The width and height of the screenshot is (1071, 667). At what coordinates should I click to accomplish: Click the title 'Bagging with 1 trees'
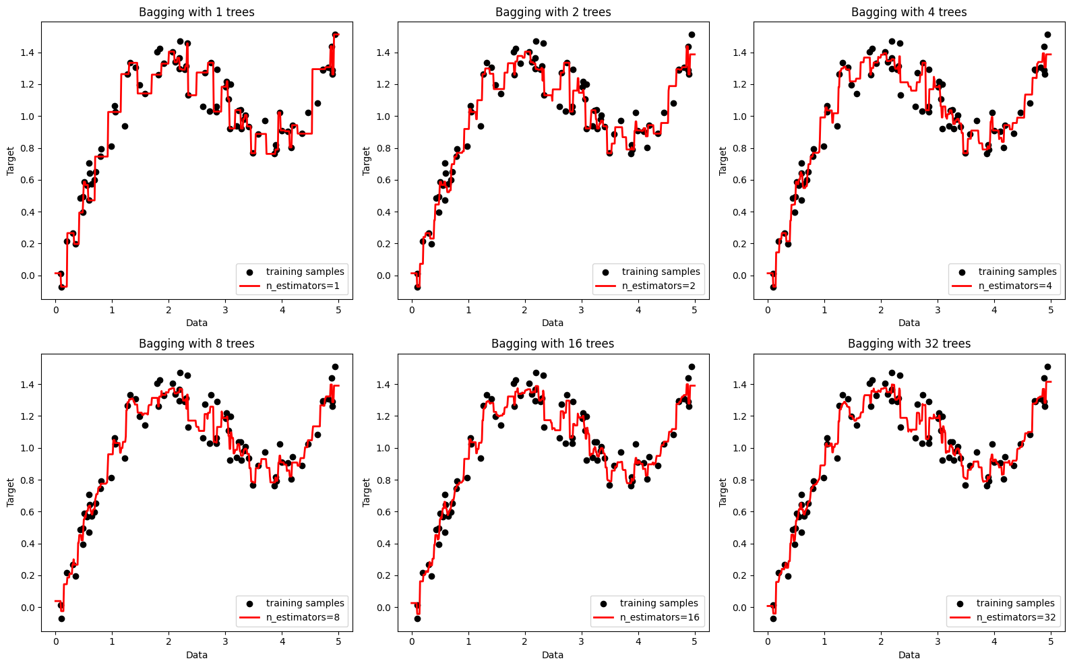pyautogui.click(x=196, y=12)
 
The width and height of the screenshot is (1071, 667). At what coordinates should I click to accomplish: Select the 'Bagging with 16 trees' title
pyautogui.click(x=553, y=344)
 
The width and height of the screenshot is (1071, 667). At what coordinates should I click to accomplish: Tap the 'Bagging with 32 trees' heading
pyautogui.click(x=909, y=344)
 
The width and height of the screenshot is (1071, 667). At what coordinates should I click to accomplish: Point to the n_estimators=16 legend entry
pyautogui.click(x=659, y=618)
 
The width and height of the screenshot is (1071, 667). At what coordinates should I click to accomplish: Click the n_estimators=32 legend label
pyautogui.click(x=1016, y=618)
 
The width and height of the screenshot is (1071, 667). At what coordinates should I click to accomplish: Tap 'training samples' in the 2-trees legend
pyautogui.click(x=661, y=272)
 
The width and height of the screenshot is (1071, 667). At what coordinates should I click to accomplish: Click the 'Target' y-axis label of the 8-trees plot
pyautogui.click(x=11, y=493)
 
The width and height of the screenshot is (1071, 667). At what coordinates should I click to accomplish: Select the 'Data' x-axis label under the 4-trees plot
pyautogui.click(x=909, y=323)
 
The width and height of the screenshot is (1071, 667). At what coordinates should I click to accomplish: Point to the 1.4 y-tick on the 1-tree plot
pyautogui.click(x=28, y=53)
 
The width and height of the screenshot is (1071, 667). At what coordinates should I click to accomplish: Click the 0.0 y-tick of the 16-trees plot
pyautogui.click(x=384, y=608)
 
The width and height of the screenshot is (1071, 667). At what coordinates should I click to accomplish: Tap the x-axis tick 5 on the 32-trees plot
pyautogui.click(x=1051, y=642)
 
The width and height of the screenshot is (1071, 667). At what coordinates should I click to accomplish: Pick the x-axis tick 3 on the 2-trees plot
pyautogui.click(x=581, y=310)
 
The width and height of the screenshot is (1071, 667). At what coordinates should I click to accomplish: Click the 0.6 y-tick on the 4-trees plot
pyautogui.click(x=739, y=180)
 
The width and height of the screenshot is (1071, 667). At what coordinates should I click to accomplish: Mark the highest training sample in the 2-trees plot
pyautogui.click(x=692, y=34)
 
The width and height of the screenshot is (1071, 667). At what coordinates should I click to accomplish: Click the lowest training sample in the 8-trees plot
pyautogui.click(x=61, y=618)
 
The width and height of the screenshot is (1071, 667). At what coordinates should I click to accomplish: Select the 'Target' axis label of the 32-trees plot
pyautogui.click(x=723, y=493)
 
